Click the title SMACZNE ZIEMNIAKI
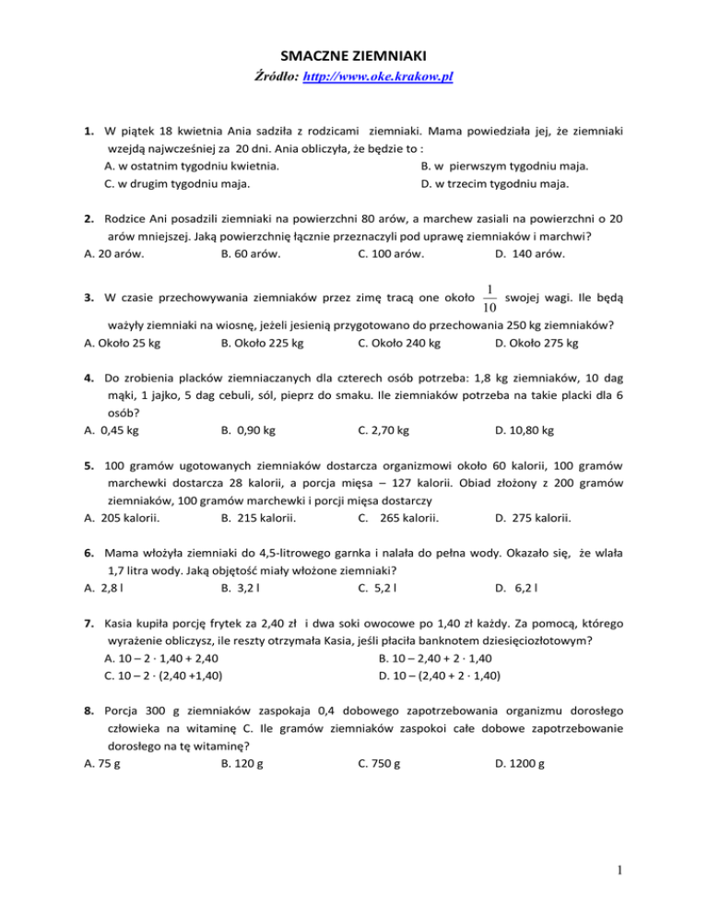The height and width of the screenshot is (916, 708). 353,55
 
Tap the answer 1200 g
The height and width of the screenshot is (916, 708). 520,763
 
